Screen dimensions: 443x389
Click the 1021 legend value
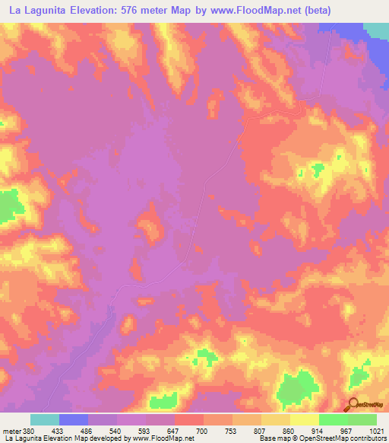(x=378, y=432)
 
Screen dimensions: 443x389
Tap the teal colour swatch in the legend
(x=45, y=419)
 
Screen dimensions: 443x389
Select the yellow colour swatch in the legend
(x=304, y=419)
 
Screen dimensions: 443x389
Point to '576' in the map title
(x=143, y=9)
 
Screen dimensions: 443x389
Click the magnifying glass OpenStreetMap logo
(x=354, y=405)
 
